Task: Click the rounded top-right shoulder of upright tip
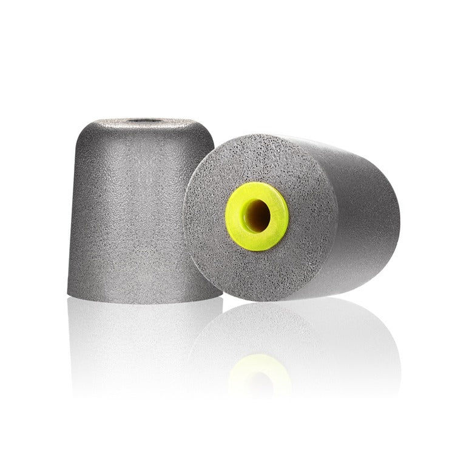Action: click(209, 124)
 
